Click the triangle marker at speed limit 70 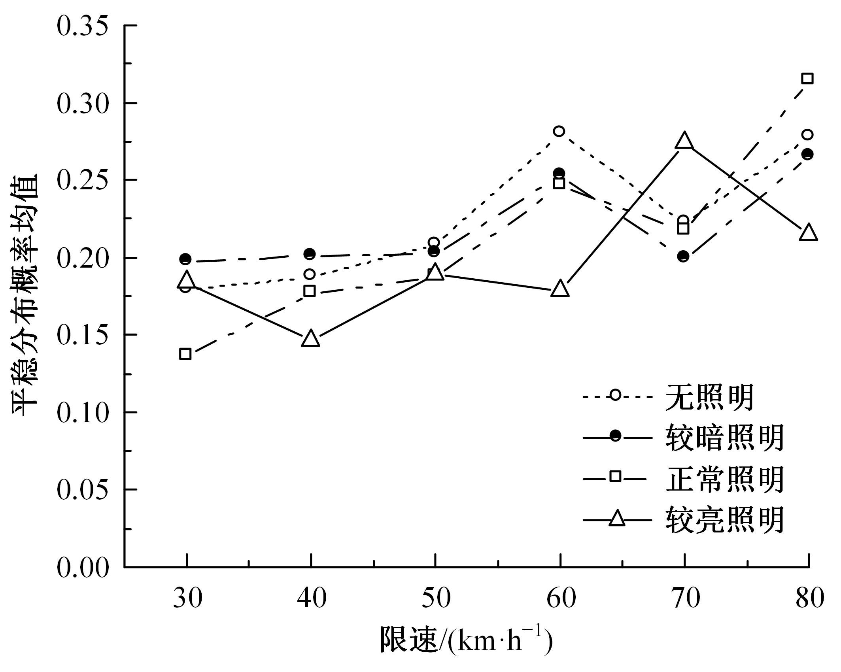(x=684, y=141)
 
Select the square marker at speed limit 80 (x=807, y=78)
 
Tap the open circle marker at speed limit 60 (x=559, y=131)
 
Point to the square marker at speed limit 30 (x=185, y=354)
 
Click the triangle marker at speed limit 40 (x=310, y=339)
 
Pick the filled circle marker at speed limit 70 (x=683, y=256)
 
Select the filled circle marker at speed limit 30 (x=185, y=259)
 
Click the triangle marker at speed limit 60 (x=560, y=289)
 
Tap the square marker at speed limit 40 (x=310, y=291)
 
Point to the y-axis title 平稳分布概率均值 (x=26, y=294)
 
